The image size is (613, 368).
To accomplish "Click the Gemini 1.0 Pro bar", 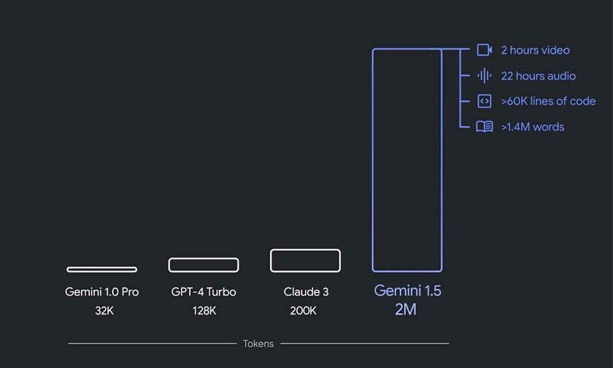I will [102, 269].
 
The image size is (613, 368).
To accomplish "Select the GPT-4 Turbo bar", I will [204, 265].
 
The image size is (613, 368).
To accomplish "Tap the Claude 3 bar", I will [305, 260].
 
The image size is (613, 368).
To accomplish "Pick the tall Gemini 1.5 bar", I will [407, 159].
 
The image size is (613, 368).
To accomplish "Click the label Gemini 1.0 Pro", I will [102, 292].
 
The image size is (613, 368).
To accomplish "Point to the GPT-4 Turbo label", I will [204, 292].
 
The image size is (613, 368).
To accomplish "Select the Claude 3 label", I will [306, 292].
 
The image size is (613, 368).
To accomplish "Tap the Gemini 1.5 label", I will [407, 291].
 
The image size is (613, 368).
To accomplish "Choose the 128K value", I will [204, 311].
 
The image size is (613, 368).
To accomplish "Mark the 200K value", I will [303, 311].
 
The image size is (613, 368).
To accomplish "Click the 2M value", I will [406, 310].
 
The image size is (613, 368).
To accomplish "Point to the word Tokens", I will [258, 343].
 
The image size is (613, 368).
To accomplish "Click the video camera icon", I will [484, 50].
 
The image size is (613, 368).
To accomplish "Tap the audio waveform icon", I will [484, 76].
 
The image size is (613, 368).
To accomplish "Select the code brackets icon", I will [484, 101].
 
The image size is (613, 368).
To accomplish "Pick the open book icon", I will [484, 127].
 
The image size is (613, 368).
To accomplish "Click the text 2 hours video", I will [535, 50].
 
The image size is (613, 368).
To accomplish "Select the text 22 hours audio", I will [538, 76].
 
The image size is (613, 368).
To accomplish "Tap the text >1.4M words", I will [532, 127].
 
